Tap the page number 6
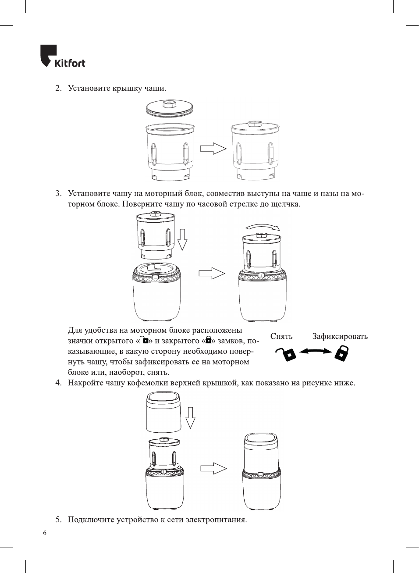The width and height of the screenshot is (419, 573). click(45, 533)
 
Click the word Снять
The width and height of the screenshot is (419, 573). click(281, 336)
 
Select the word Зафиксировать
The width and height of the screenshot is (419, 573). click(340, 336)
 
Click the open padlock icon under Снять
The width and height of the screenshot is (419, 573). click(286, 353)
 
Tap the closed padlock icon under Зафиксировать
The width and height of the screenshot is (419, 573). click(341, 353)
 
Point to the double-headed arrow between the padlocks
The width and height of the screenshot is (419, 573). click(315, 351)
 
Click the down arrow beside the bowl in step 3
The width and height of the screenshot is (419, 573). click(182, 239)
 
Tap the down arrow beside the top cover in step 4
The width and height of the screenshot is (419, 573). click(190, 417)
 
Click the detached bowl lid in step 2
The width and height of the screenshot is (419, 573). click(169, 107)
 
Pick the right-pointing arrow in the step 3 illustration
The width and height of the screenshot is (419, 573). click(212, 274)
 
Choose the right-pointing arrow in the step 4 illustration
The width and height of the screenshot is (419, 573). click(213, 468)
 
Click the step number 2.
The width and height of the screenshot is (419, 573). click(58, 88)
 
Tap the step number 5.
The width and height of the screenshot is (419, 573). click(58, 520)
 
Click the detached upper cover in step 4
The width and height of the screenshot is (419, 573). click(163, 412)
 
